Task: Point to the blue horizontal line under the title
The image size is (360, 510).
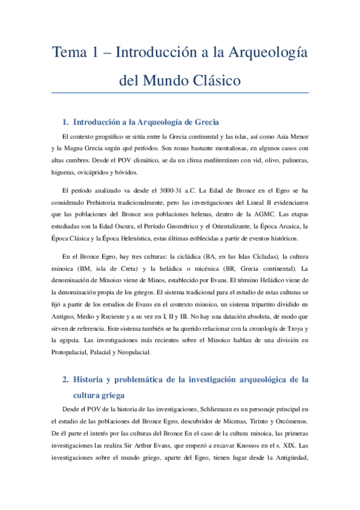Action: click(180, 93)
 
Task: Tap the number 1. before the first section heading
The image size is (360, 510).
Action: click(66, 121)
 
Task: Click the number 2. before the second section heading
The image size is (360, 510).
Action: click(66, 379)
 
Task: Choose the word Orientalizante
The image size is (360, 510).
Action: click(230, 227)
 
